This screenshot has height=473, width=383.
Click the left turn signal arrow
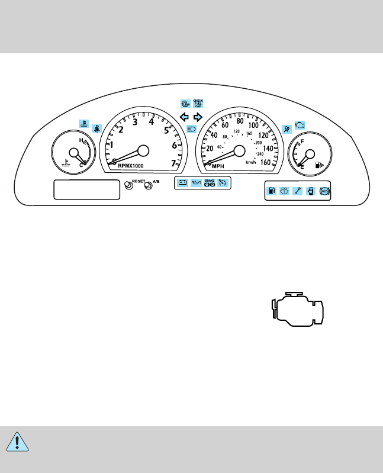click(x=184, y=117)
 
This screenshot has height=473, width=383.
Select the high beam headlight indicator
click(x=191, y=128)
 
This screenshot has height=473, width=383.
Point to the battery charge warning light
click(x=183, y=183)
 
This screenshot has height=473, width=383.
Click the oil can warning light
click(x=196, y=183)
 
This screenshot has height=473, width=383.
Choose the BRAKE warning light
click(x=209, y=183)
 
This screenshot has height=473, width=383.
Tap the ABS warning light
click(x=323, y=191)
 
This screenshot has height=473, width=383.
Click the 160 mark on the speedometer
click(x=265, y=162)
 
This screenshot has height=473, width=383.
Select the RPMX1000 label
click(x=131, y=166)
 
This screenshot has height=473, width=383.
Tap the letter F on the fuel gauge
click(x=303, y=142)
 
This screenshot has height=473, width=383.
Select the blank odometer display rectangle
click(x=87, y=189)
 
